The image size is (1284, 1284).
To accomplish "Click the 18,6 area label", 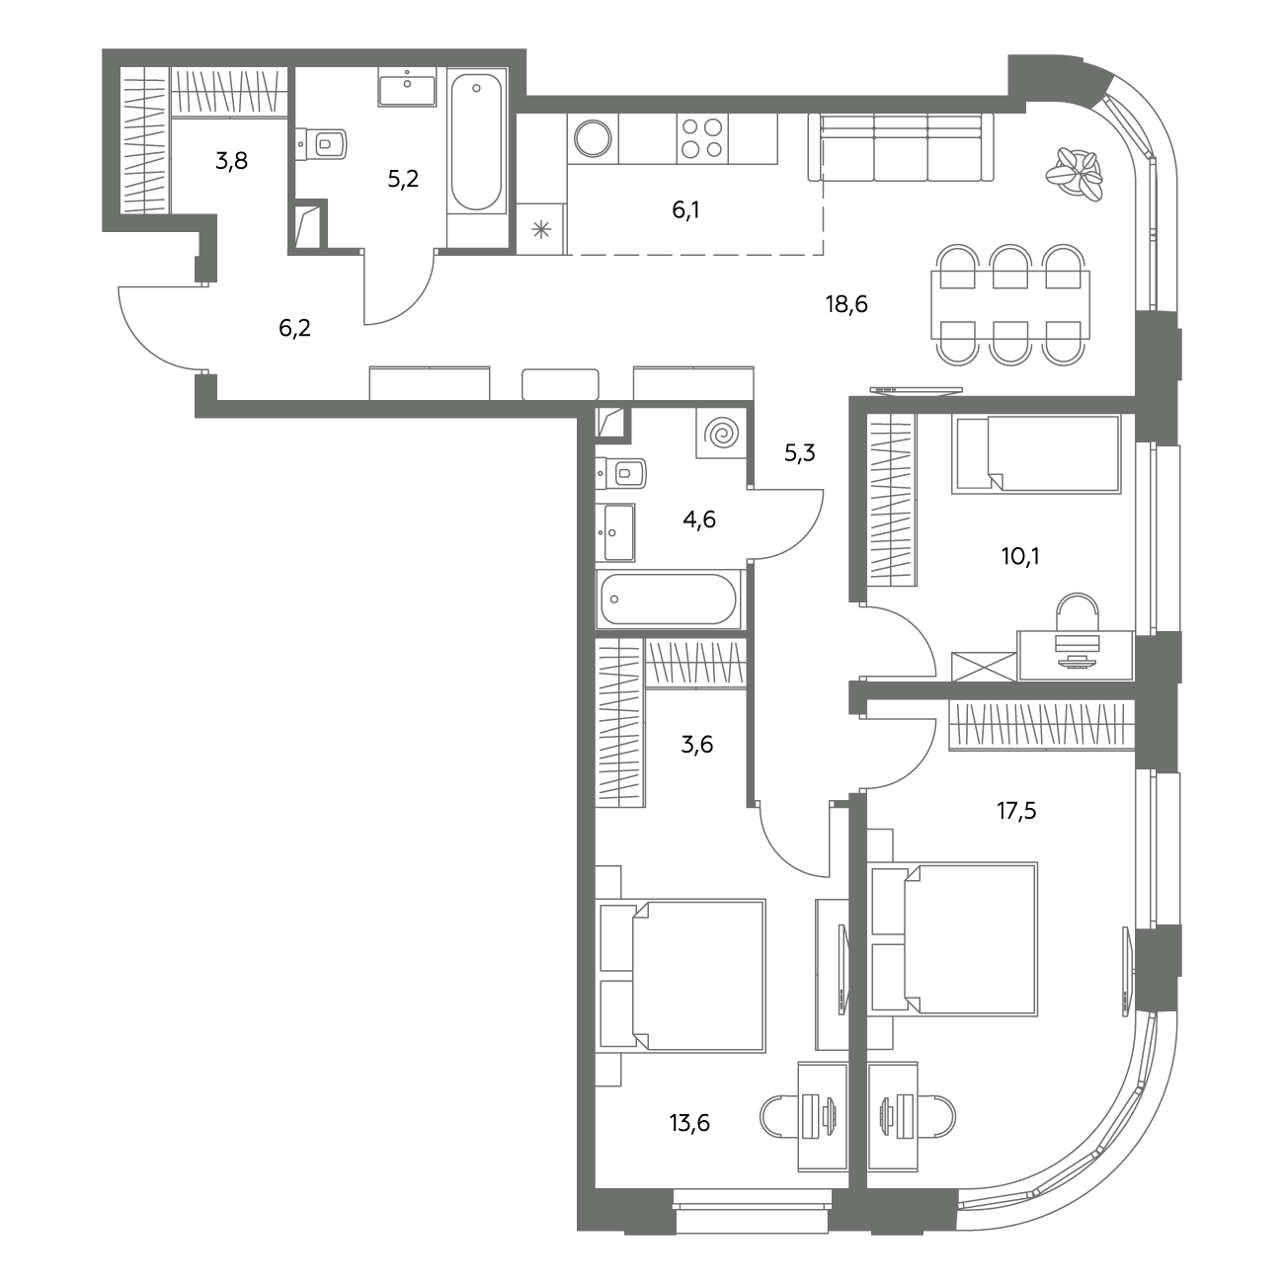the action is tap(846, 304).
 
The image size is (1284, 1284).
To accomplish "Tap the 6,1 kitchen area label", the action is tap(685, 210).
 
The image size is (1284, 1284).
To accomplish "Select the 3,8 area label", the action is tap(232, 161).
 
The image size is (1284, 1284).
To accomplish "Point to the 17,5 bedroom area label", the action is tap(1016, 811).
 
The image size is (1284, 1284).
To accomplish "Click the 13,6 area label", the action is tap(689, 1123).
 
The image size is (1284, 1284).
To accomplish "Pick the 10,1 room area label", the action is tap(1020, 556).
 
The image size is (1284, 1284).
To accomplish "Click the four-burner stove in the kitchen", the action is tap(702, 138).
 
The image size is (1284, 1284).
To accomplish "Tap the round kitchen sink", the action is tap(593, 138).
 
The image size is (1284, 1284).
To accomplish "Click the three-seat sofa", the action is tap(901, 146).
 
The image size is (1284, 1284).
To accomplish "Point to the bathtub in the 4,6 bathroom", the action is tap(669, 599).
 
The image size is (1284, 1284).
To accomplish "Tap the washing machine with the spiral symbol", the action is tap(721, 434).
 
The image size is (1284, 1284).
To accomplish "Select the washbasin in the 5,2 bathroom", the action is tap(407, 87).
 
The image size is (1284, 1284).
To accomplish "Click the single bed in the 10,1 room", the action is tap(1036, 453).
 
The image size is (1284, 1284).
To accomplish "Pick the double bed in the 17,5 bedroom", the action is tap(953, 939).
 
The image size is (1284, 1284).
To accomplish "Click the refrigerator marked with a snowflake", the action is tap(541, 229).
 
